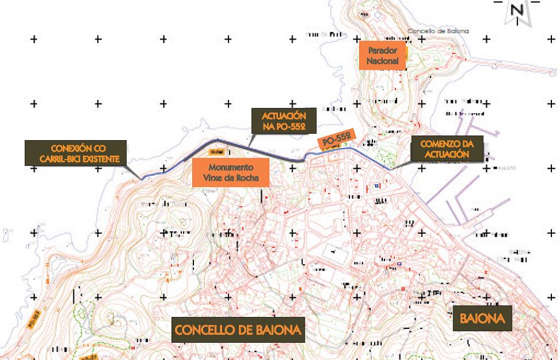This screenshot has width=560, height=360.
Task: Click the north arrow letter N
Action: click(x=518, y=10)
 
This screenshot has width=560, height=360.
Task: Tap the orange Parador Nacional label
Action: click(x=383, y=55)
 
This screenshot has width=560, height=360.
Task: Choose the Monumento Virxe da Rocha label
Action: click(x=231, y=173)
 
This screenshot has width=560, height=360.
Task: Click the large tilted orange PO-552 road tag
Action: click(x=337, y=140)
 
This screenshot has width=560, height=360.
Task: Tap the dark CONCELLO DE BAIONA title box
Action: click(x=238, y=330)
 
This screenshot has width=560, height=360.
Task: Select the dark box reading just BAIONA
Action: click(x=481, y=319)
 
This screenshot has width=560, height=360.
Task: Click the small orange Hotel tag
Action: click(x=216, y=152)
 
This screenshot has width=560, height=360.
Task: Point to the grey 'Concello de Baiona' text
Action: click(x=437, y=31)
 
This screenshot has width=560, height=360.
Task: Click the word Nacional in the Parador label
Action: click(x=383, y=61)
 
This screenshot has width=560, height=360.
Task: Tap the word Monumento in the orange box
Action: click(x=231, y=168)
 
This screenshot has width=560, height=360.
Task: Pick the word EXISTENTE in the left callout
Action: click(x=100, y=159)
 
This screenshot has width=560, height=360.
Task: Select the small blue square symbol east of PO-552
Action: click(x=376, y=186)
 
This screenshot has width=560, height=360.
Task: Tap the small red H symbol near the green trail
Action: click(x=134, y=347)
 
